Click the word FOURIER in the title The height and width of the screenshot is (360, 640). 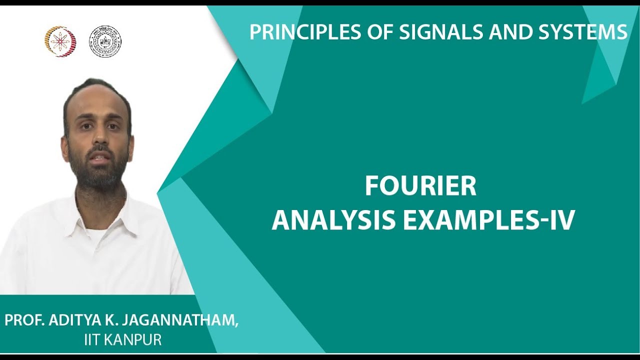click(420, 186)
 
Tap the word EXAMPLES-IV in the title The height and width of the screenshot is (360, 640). click(488, 220)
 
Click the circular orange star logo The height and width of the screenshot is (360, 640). click(60, 41)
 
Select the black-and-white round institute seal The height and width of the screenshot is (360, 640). click(104, 41)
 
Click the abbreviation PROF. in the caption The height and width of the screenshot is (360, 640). click(25, 320)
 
